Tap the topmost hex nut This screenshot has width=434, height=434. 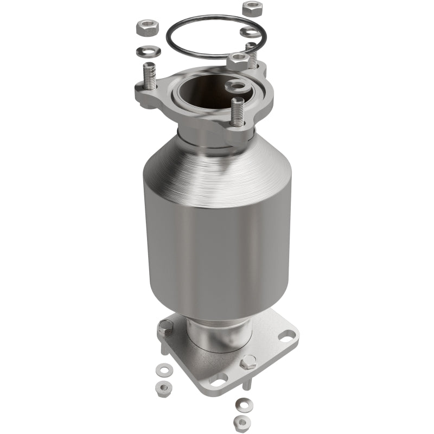point(252,9)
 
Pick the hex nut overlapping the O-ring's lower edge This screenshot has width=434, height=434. point(238,60)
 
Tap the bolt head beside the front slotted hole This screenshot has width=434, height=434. point(248,362)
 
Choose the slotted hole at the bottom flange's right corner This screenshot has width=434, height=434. point(286,335)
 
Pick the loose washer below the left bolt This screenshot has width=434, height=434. point(162,371)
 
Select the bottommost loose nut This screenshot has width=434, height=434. point(240,422)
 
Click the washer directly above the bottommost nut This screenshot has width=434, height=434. point(241,404)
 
